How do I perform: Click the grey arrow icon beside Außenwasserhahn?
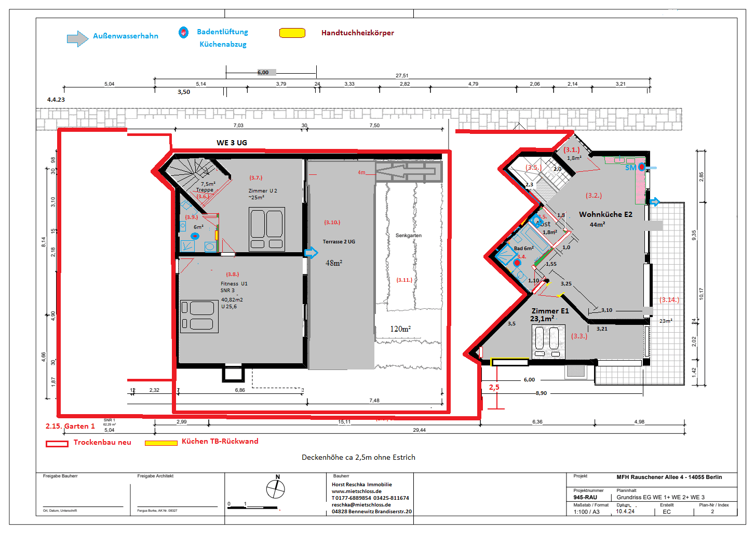click(x=77, y=38)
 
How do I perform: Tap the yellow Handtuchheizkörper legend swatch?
click(x=292, y=33)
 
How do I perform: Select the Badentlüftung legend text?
click(x=222, y=32)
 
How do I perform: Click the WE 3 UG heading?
click(x=232, y=143)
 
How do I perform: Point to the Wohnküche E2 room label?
click(x=605, y=214)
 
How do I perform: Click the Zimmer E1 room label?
click(x=550, y=311)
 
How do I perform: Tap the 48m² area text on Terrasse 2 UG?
click(x=333, y=263)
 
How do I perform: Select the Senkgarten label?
click(x=408, y=236)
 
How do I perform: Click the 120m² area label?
click(x=400, y=328)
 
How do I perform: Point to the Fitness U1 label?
click(x=234, y=284)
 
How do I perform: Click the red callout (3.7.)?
click(x=256, y=177)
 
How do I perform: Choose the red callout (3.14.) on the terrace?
click(x=669, y=299)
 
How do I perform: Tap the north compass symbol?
click(x=276, y=488)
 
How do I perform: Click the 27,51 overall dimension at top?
click(x=402, y=76)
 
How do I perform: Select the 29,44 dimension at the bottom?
click(x=419, y=430)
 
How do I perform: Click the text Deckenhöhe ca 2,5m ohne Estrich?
click(x=358, y=457)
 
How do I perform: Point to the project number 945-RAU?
click(x=585, y=497)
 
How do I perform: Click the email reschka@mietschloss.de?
click(x=361, y=504)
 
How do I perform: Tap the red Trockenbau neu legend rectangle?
click(x=57, y=444)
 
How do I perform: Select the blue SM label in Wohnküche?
click(x=630, y=168)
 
